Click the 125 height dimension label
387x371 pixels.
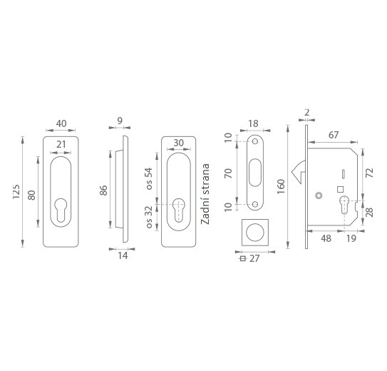(16, 191)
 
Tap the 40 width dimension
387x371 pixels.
(61, 123)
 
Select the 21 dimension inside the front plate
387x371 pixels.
(61, 144)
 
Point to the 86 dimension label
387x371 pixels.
(103, 190)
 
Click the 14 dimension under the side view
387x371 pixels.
(123, 255)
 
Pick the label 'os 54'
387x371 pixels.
(149, 178)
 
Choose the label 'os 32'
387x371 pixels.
(149, 218)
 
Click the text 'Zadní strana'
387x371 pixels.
(205, 194)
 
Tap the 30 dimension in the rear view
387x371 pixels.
(178, 143)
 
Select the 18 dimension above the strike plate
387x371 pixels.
(253, 123)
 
